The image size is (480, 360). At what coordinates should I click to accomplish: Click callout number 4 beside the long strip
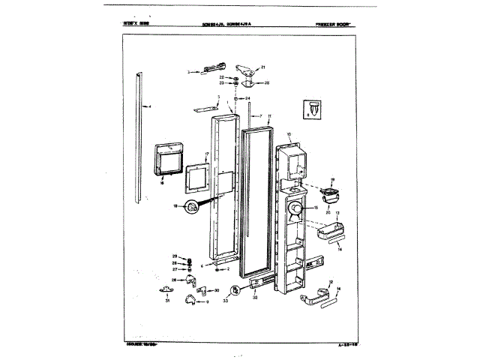149,106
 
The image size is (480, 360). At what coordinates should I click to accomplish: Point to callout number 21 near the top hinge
263,67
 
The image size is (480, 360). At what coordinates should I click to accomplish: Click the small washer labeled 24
237,98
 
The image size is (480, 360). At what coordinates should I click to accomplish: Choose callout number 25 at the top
266,82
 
